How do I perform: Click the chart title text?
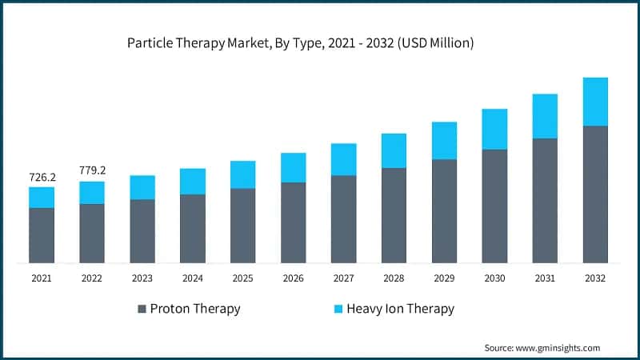coord(301,43)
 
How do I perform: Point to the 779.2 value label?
coord(92,170)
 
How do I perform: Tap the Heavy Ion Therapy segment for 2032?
coord(595,102)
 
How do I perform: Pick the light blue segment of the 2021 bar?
coord(42,198)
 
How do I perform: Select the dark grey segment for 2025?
coord(242,226)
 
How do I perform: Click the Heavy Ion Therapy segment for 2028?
coord(394,150)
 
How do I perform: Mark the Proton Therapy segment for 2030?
coord(494,206)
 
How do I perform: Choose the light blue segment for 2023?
coord(142,187)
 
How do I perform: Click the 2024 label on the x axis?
coord(192,278)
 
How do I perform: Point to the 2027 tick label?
coord(343,278)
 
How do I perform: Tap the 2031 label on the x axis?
coord(545,278)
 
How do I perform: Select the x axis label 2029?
coord(444,278)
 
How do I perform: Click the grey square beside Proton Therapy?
coord(142,309)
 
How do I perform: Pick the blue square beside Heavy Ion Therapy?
coord(337,309)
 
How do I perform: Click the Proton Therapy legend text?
coord(195,309)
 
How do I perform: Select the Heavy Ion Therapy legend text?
coord(400,309)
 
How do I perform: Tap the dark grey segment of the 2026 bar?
coord(293,222)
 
